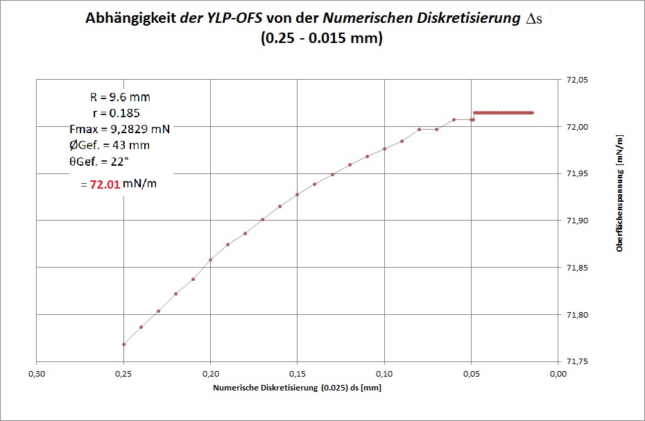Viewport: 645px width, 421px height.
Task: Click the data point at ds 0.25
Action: click(123, 344)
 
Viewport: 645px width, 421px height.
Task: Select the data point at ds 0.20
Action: click(210, 259)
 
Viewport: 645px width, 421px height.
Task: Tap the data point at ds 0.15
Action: click(297, 194)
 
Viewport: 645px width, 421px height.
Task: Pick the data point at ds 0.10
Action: click(384, 148)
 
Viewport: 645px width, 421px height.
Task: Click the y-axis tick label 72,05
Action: click(578, 80)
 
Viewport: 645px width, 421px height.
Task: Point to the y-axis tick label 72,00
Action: click(578, 127)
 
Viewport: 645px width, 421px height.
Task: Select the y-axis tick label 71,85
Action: click(578, 268)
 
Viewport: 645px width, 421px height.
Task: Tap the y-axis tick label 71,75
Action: click(578, 361)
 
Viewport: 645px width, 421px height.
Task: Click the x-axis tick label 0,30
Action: click(37, 374)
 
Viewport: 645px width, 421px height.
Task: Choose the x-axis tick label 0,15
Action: click(297, 374)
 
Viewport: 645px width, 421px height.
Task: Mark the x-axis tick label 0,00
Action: click(558, 374)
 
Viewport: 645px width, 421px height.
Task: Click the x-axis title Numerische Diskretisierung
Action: click(297, 388)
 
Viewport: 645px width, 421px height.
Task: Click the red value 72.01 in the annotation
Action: click(105, 185)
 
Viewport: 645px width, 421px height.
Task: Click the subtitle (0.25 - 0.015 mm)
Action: click(322, 39)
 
